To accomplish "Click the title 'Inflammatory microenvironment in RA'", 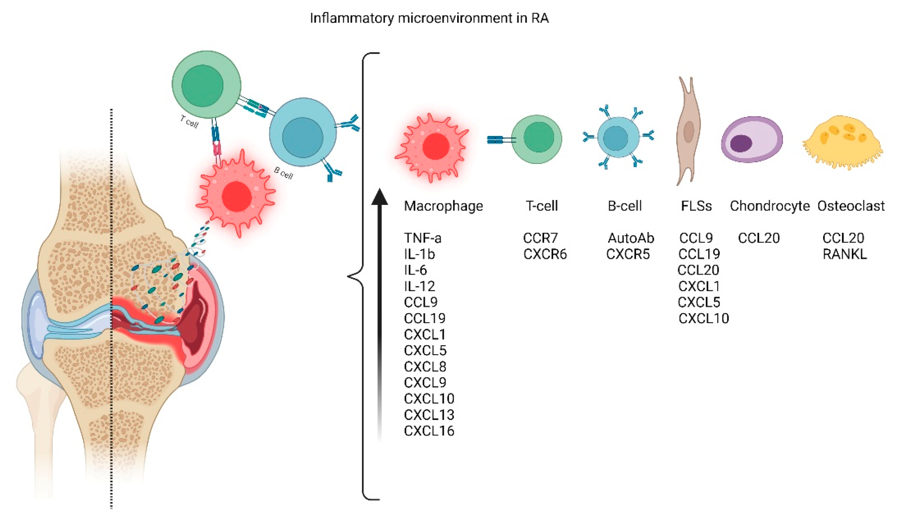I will (429, 18).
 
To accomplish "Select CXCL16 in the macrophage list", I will (429, 431).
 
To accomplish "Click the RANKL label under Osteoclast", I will (844, 254).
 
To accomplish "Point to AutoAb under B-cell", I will (631, 238).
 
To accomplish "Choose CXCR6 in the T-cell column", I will (544, 254).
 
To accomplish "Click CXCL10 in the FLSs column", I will (704, 318).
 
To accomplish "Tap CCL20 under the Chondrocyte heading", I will (759, 238).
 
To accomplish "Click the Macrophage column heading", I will (443, 206).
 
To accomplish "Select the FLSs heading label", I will (696, 206).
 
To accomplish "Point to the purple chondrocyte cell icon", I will (752, 140).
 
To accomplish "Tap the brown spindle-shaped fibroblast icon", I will (688, 132).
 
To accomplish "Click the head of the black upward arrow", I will (380, 197).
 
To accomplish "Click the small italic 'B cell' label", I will (283, 173).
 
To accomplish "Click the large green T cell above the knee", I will (206, 85).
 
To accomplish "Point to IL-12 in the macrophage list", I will (419, 286).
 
